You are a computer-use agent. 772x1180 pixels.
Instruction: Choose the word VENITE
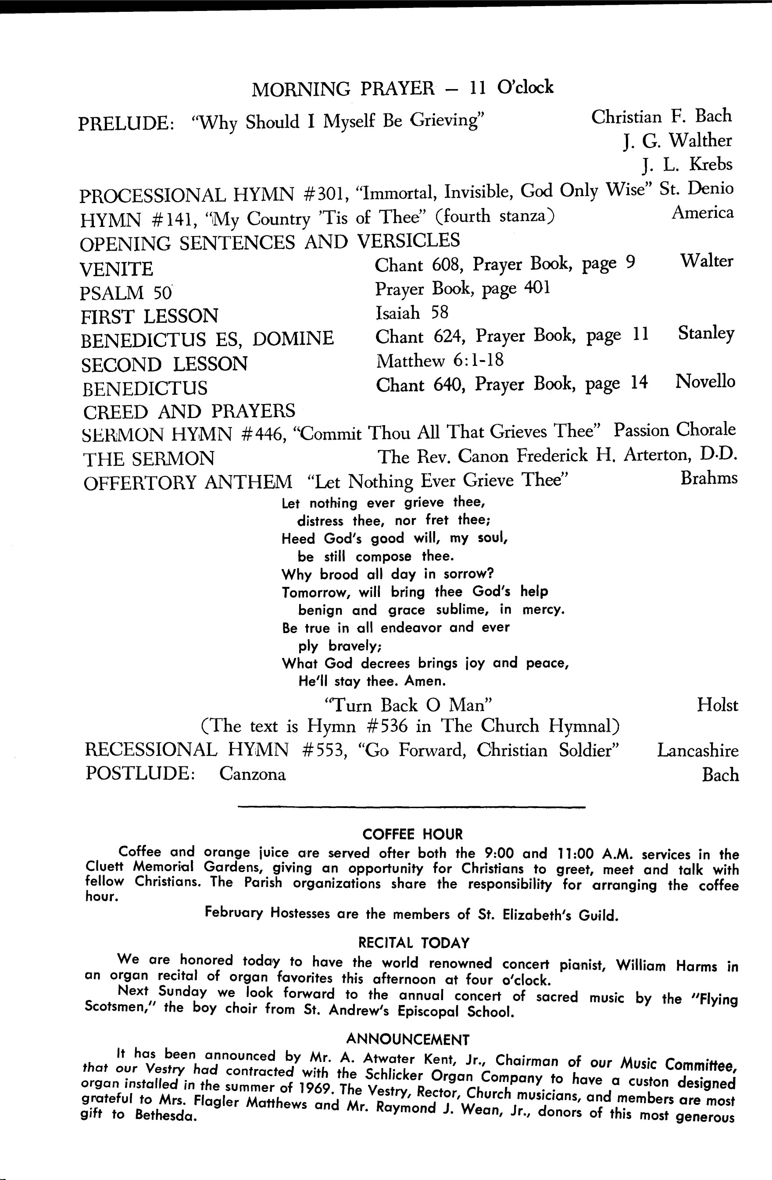coord(117,269)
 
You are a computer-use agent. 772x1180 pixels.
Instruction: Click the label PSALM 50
coord(125,293)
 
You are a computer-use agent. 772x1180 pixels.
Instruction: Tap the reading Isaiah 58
coord(411,313)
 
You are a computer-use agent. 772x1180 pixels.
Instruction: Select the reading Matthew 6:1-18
coord(440,361)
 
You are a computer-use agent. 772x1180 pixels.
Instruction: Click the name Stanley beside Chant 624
coord(706,333)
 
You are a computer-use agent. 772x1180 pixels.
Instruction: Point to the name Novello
coord(705,381)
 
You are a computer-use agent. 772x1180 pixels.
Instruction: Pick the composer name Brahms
coord(709,478)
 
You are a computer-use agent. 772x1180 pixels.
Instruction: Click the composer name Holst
coord(717,705)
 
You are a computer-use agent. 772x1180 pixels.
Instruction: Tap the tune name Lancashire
coord(697,751)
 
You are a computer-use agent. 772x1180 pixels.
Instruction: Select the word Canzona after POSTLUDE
coord(252,774)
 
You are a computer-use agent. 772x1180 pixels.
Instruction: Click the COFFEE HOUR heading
coord(412,834)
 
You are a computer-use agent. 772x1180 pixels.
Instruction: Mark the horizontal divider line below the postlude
coord(411,808)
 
